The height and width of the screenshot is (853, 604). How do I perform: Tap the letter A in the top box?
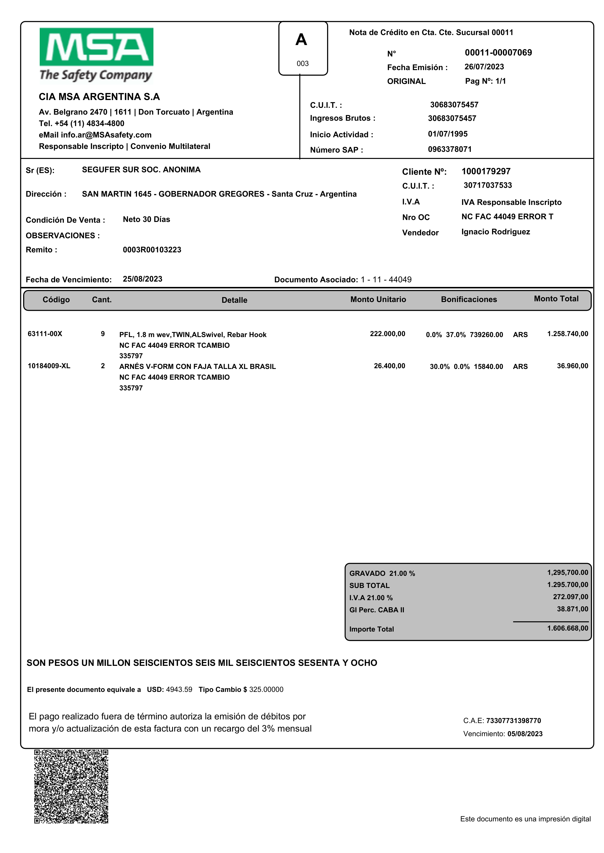pyautogui.click(x=301, y=40)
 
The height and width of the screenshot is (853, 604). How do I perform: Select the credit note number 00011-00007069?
pyautogui.click(x=498, y=53)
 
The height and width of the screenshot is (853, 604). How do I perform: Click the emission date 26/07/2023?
pyautogui.click(x=484, y=67)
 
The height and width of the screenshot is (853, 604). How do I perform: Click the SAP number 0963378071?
pyautogui.click(x=450, y=149)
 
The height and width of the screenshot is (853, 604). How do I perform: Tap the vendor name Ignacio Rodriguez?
pyautogui.click(x=495, y=232)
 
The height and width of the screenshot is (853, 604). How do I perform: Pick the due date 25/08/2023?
pyautogui.click(x=142, y=279)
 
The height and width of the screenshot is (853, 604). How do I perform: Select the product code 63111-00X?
pyautogui.click(x=45, y=334)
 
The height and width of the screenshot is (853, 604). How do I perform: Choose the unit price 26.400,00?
pyautogui.click(x=389, y=366)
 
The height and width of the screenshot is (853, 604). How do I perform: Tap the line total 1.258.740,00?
pyautogui.click(x=567, y=334)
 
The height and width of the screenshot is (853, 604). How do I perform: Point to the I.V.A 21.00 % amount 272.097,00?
pyautogui.click(x=571, y=597)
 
